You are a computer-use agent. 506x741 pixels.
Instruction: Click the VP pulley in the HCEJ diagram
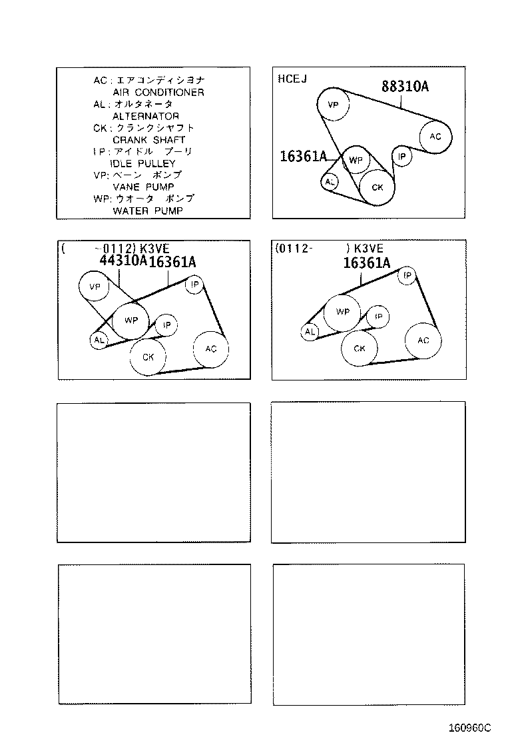(x=334, y=105)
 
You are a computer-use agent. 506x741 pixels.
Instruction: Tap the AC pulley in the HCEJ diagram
(x=435, y=137)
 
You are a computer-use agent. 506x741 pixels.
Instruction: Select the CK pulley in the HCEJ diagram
(x=377, y=187)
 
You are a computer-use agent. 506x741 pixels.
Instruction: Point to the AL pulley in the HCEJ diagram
(x=330, y=181)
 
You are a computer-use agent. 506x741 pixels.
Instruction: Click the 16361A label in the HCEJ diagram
(x=304, y=157)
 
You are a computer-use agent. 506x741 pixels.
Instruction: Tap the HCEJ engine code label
(x=292, y=79)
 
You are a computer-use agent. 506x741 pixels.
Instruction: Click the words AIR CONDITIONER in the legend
(x=158, y=93)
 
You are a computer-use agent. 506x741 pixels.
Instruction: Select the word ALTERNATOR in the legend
(x=145, y=116)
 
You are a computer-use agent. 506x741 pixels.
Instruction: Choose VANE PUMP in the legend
(x=142, y=187)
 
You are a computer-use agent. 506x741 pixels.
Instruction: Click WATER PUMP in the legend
(x=147, y=211)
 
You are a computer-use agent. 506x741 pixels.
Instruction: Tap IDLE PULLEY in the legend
(x=142, y=163)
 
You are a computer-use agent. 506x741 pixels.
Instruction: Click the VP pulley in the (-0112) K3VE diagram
(x=94, y=287)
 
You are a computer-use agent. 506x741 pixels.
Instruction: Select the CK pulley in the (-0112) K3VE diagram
(x=148, y=357)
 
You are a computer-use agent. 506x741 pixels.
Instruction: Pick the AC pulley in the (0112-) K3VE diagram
(x=423, y=341)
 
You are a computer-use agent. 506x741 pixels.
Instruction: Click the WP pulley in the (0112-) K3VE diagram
(x=342, y=312)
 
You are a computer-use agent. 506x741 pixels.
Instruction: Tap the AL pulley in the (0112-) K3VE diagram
(x=310, y=332)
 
